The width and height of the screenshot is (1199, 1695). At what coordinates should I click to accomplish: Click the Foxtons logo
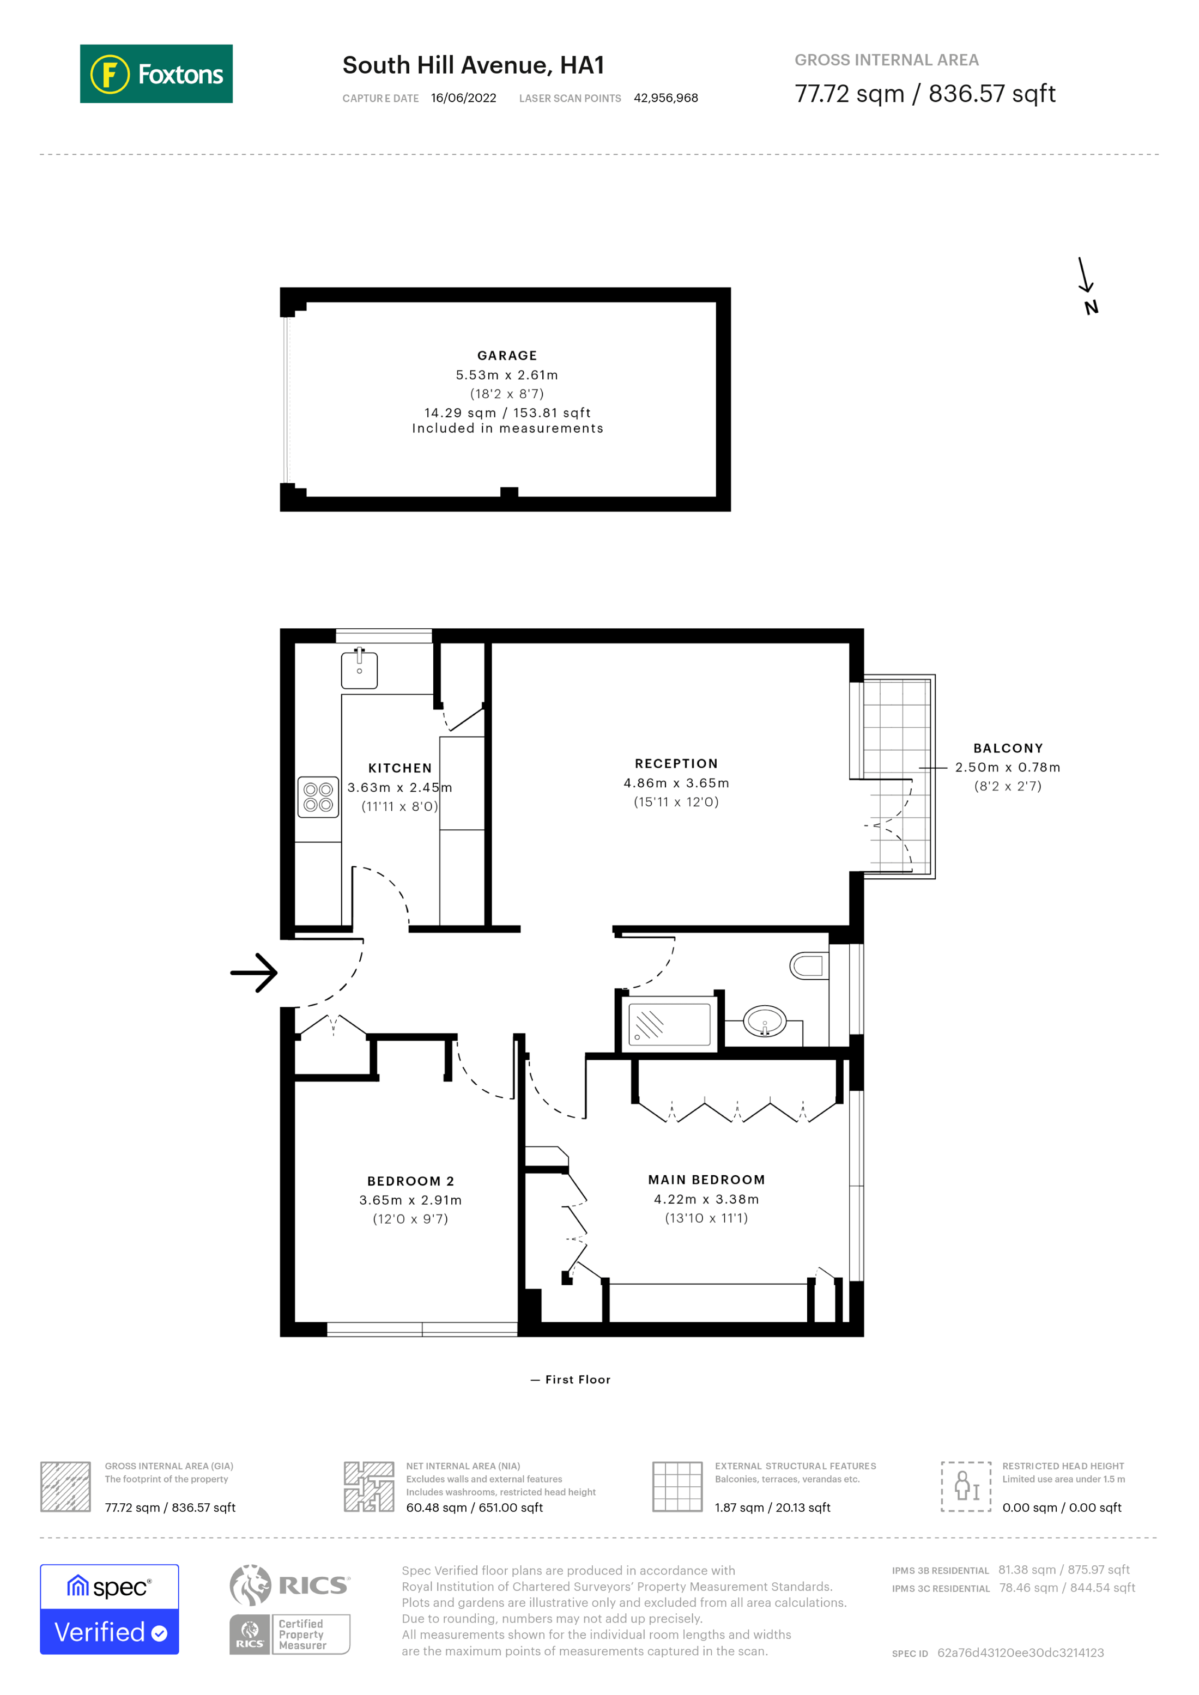coord(156,74)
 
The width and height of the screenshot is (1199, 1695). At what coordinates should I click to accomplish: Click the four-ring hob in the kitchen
coord(318,797)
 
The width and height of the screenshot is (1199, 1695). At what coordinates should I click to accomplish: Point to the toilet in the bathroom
coord(808,965)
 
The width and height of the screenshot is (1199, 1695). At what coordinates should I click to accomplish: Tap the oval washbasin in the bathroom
coord(764,1022)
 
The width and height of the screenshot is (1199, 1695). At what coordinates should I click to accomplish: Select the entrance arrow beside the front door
coord(254,972)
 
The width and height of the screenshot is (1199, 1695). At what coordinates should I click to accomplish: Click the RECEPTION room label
coord(676,763)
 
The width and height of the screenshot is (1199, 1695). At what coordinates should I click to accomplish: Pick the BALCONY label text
coord(1008,748)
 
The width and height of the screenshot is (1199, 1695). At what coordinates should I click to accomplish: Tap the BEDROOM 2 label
coord(410,1181)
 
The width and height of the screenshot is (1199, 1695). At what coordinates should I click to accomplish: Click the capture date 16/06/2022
coord(464,98)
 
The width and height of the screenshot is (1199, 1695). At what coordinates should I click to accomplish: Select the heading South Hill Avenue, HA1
coord(473,66)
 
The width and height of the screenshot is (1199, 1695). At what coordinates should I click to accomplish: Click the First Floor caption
coord(577,1380)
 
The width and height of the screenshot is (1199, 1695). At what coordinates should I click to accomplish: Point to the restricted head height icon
coord(966,1486)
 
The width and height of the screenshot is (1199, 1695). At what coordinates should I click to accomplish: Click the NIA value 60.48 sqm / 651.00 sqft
coord(474,1508)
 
